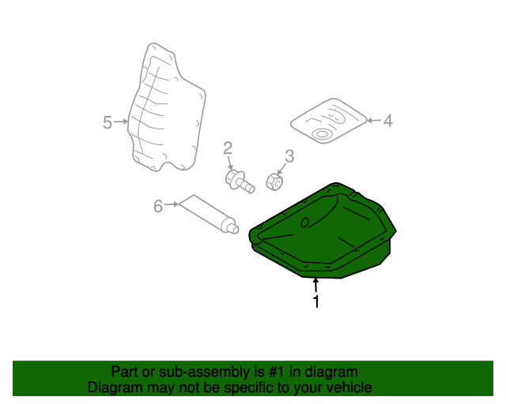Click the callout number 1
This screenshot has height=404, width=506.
316,301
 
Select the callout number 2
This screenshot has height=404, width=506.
228,148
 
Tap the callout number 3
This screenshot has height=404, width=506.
289,156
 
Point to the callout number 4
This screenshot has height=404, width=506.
387,121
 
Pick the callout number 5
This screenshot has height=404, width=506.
108,122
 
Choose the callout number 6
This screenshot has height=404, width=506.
157,206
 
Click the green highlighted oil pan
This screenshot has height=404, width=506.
324,233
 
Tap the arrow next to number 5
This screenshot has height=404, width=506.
121,122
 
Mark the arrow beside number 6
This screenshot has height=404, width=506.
171,205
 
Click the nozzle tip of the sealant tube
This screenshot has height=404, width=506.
234,229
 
